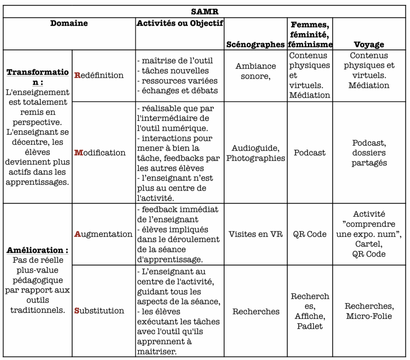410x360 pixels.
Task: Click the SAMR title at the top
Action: click(x=204, y=12)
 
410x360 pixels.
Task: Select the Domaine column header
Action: click(x=69, y=23)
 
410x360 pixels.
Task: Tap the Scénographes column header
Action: click(x=255, y=44)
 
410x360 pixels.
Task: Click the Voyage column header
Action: click(x=369, y=44)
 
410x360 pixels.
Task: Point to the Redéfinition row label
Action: click(x=99, y=75)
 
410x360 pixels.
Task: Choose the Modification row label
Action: click(x=100, y=152)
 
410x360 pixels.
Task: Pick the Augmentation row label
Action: click(x=103, y=234)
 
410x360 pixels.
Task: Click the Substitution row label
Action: click(x=99, y=310)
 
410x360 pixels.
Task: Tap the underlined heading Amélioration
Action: click(x=37, y=250)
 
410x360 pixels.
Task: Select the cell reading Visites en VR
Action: click(x=255, y=234)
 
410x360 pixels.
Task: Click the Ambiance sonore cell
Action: click(x=255, y=71)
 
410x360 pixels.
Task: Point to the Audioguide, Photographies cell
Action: click(x=255, y=153)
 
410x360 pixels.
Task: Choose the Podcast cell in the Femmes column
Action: click(x=310, y=153)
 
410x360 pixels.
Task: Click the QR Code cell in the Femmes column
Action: click(x=310, y=234)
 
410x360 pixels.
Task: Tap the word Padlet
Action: click(x=310, y=326)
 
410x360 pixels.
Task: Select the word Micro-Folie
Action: click(x=369, y=316)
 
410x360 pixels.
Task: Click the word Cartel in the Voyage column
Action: click(x=369, y=244)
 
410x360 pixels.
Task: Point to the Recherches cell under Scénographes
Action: click(x=256, y=311)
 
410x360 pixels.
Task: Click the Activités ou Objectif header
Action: click(x=180, y=23)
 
